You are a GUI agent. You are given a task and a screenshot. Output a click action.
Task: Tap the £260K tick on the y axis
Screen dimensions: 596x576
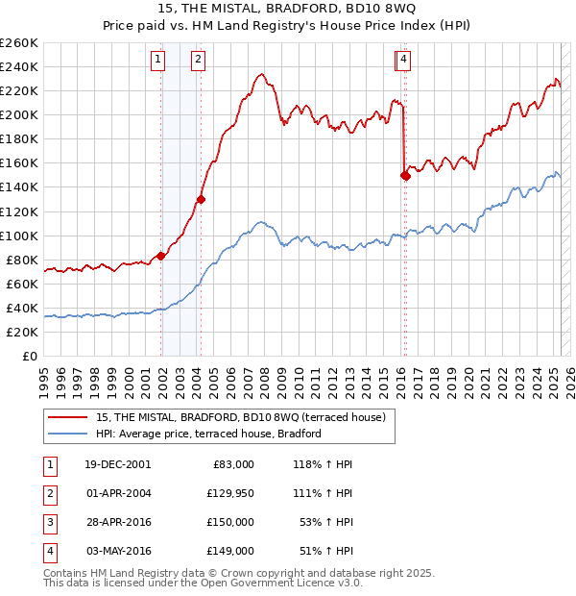(18, 43)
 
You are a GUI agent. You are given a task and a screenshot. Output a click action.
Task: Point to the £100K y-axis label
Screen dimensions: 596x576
(18, 236)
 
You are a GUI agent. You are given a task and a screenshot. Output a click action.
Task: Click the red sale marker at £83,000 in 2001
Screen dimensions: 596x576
(161, 256)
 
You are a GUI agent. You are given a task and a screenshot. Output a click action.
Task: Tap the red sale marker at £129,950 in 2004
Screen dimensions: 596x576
(201, 199)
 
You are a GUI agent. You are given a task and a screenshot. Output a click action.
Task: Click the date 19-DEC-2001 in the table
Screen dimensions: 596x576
(117, 464)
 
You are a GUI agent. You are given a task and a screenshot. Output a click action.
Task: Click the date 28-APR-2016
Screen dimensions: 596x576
(117, 522)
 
